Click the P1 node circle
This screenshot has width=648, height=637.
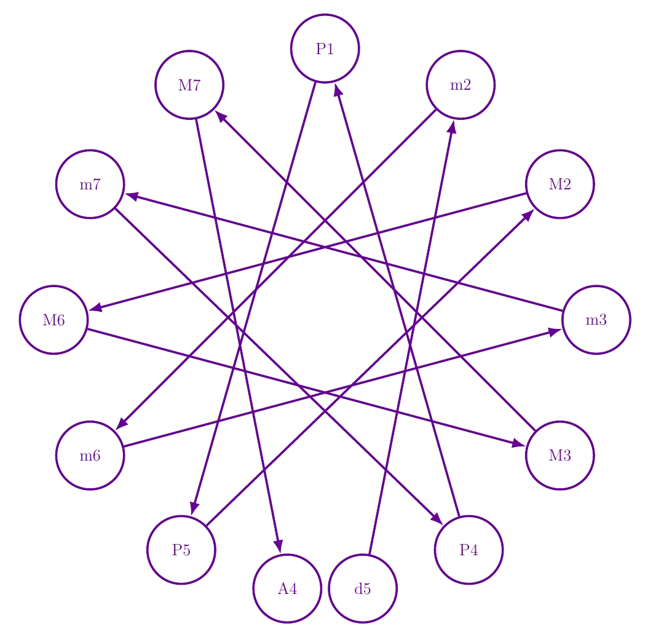[325, 48]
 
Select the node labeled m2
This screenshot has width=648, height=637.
[460, 85]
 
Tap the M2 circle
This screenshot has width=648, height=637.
[559, 184]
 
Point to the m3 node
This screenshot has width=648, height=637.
[596, 320]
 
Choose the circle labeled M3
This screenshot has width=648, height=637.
[559, 456]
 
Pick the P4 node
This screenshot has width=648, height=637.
[468, 550]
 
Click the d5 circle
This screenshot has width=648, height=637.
[363, 588]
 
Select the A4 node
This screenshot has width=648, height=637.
[287, 588]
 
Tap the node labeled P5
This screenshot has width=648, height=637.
[181, 550]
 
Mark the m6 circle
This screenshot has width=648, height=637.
[90, 456]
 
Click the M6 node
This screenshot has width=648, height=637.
[53, 320]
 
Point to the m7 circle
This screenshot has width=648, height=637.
[90, 184]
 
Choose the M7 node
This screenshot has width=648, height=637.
[189, 85]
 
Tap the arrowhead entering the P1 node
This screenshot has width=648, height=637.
[338, 90]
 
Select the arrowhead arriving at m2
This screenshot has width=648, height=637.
[452, 126]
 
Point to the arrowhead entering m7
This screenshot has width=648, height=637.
[132, 196]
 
